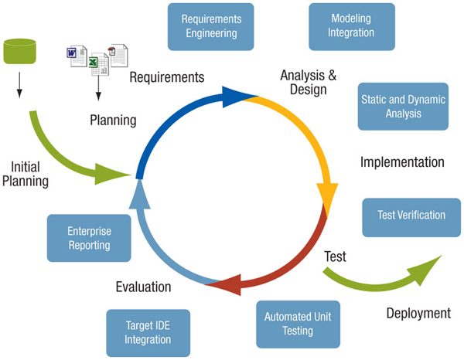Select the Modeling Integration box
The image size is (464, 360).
coord(352,25)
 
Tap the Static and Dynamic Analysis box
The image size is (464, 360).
coord(402,107)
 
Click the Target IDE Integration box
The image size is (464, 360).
coord(148,332)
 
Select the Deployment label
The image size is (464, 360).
coord(418,314)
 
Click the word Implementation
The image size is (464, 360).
coord(402,162)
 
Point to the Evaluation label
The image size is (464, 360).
coord(143,287)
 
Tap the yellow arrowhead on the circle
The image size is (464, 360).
coord(327,199)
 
